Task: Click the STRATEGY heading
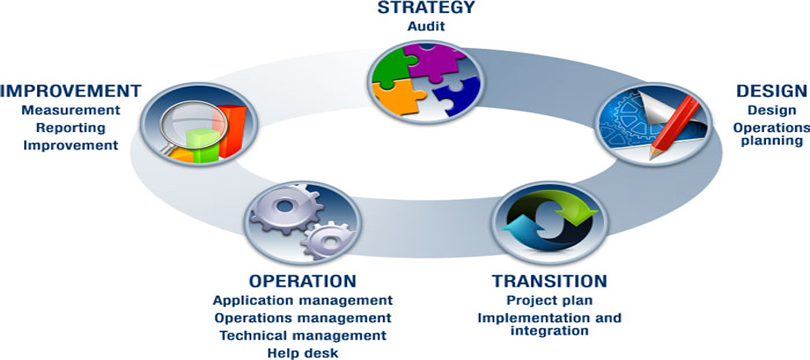point(426,7)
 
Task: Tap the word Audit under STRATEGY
point(426,26)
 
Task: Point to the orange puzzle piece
point(398,97)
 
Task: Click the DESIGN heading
point(772,91)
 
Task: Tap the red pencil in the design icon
point(675,126)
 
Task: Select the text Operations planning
point(771,134)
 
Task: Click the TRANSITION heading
point(549,281)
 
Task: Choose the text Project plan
point(549,300)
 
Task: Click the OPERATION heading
point(303,281)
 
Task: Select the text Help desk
point(303,353)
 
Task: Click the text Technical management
point(303,335)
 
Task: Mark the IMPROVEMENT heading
point(71,91)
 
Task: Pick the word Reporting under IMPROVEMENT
point(71,128)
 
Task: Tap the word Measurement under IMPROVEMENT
point(71,110)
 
